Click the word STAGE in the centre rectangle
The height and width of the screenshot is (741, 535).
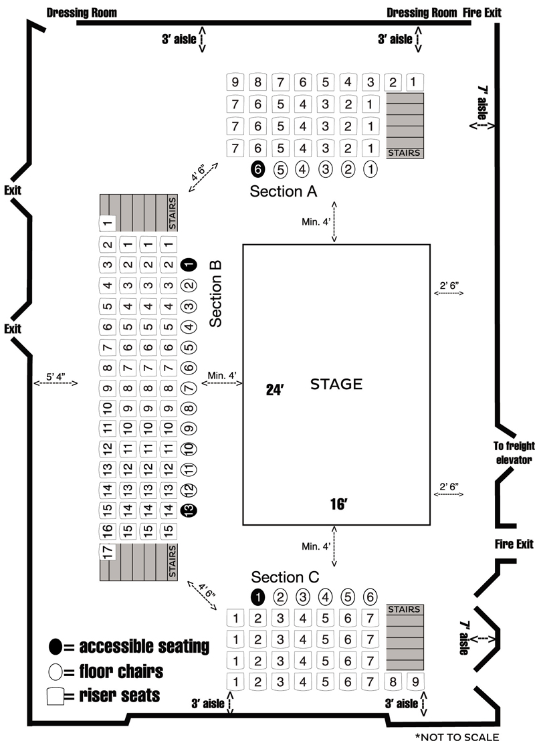pyautogui.click(x=336, y=385)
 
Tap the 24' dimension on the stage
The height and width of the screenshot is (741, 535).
pyautogui.click(x=276, y=391)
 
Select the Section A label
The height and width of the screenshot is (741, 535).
pyautogui.click(x=283, y=191)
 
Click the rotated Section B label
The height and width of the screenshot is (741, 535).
pyautogui.click(x=215, y=293)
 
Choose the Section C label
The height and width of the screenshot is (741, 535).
pyautogui.click(x=286, y=577)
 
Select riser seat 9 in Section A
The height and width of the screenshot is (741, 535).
pyautogui.click(x=235, y=83)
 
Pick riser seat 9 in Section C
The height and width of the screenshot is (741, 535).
pyautogui.click(x=415, y=682)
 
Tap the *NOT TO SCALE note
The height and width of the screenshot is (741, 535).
pyautogui.click(x=457, y=736)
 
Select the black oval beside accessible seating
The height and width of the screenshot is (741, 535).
pyautogui.click(x=56, y=647)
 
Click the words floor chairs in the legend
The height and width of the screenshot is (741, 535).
pyautogui.click(x=121, y=670)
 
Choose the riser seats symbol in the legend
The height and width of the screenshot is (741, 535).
pyautogui.click(x=57, y=695)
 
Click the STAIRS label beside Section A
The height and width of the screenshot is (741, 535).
pyautogui.click(x=405, y=152)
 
